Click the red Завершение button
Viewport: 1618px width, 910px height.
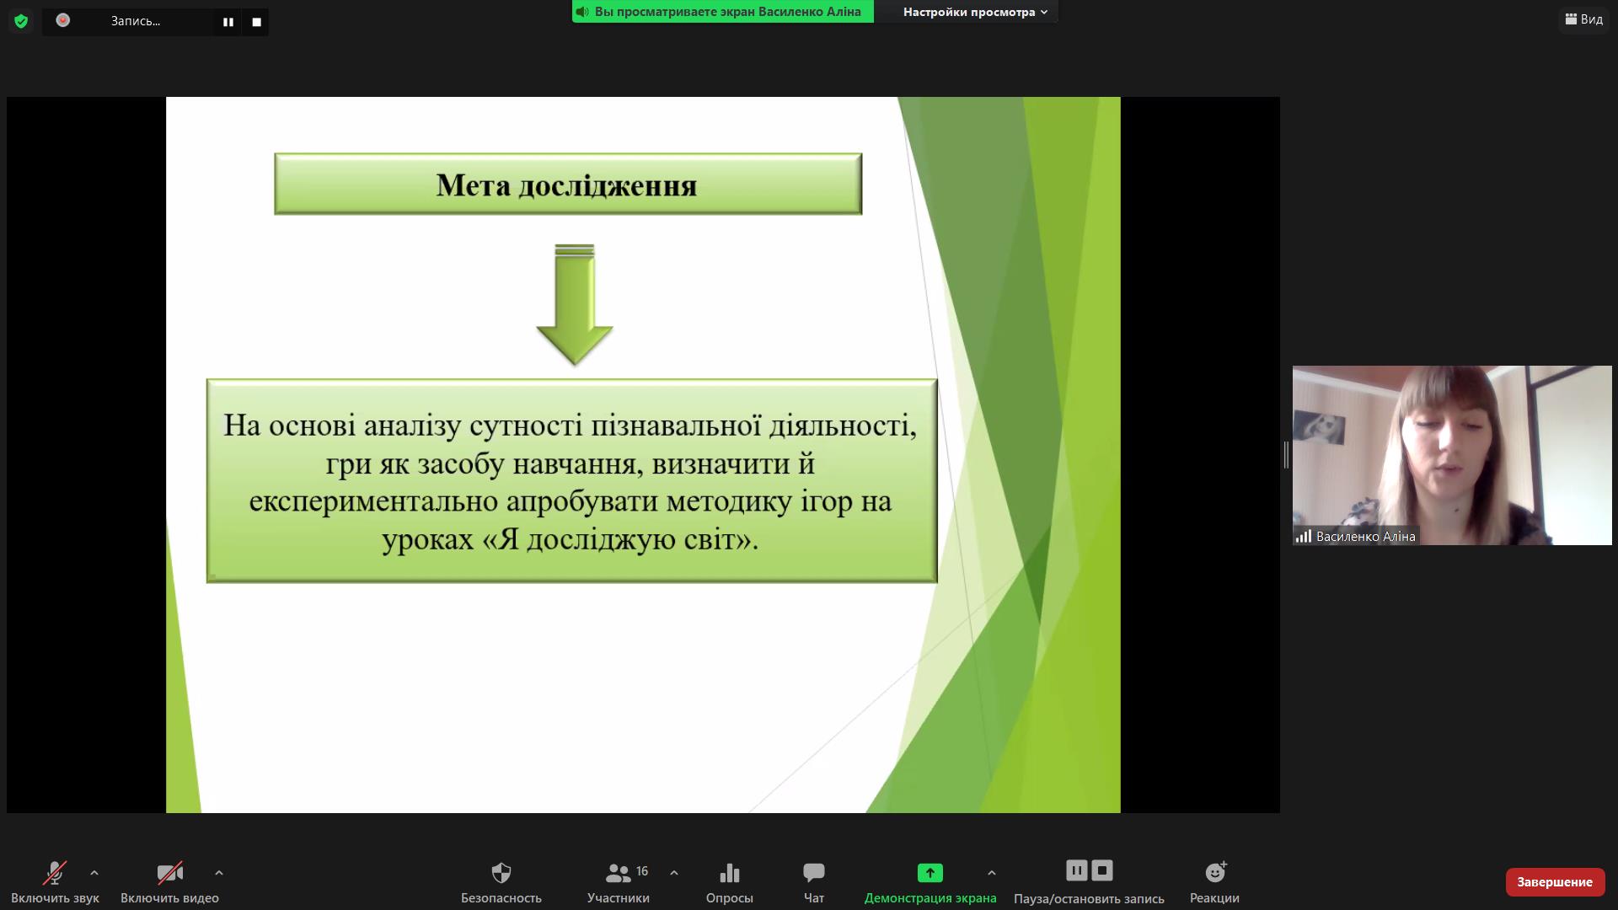[1555, 881]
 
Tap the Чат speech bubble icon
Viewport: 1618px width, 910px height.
[814, 872]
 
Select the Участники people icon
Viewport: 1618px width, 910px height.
[618, 872]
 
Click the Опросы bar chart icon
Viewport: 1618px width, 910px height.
[730, 872]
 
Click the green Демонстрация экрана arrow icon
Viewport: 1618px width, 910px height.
[930, 872]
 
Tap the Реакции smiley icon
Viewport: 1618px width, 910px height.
[1216, 871]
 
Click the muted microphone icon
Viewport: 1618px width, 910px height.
[55, 872]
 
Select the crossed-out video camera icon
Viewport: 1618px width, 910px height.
[170, 872]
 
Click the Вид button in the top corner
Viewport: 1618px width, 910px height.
[1584, 19]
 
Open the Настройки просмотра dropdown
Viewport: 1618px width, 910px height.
[975, 12]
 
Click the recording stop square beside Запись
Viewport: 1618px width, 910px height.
[256, 22]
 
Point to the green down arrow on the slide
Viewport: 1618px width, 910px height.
[575, 304]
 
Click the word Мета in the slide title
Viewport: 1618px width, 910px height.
[473, 185]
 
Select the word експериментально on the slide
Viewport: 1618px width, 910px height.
[373, 502]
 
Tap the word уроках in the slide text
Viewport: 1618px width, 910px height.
[428, 539]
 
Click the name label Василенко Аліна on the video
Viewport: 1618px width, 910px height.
[1365, 537]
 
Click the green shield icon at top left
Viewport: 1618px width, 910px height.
[21, 21]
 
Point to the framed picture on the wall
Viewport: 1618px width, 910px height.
[1320, 427]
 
